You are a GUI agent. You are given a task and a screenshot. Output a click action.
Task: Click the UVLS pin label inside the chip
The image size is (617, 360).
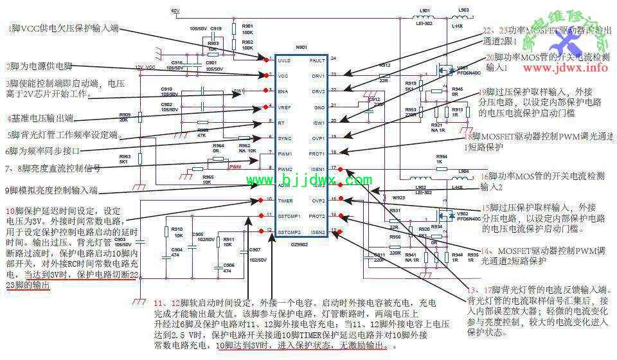pyautogui.click(x=284, y=60)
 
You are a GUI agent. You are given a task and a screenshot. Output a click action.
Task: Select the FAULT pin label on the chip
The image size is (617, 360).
pyautogui.click(x=318, y=60)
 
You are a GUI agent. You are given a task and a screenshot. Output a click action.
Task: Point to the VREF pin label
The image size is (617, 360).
pyautogui.click(x=284, y=107)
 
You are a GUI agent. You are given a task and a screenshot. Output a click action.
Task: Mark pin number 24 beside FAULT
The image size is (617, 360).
pyautogui.click(x=334, y=59)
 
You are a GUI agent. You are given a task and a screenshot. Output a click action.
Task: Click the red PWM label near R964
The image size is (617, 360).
pyautogui.click(x=236, y=166)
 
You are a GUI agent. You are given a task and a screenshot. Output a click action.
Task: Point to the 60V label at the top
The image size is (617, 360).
pyautogui.click(x=175, y=12)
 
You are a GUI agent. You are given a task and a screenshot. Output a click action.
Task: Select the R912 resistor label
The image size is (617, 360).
pyautogui.click(x=384, y=66)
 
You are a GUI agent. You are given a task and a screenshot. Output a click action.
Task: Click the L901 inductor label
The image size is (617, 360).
pyautogui.click(x=425, y=12)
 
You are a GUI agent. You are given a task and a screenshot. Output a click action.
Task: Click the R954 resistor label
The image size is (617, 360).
pyautogui.click(x=442, y=156)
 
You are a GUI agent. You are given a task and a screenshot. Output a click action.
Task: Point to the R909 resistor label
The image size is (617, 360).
pyautogui.click(x=125, y=114)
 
